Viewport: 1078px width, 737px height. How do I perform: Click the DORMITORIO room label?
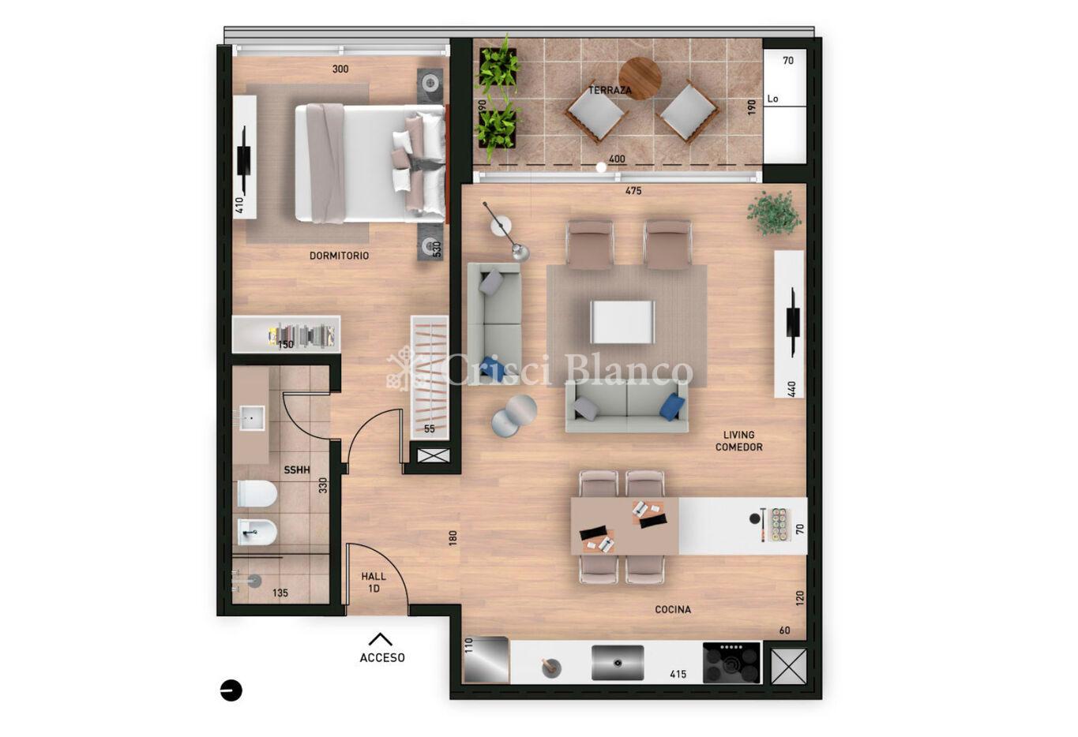pos(339,256)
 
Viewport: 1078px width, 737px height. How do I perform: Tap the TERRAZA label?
pos(610,90)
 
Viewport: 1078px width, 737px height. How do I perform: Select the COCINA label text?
pos(673,610)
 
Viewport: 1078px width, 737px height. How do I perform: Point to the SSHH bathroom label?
pos(297,470)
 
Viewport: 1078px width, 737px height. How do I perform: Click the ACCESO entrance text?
pos(382,657)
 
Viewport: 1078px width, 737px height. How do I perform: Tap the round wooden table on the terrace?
pos(640,78)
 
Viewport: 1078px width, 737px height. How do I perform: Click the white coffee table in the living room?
pos(622,322)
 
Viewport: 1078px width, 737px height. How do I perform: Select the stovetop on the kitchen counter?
pos(731,663)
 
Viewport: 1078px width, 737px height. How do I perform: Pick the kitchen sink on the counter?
pos(618,663)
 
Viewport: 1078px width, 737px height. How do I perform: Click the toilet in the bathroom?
pos(257,493)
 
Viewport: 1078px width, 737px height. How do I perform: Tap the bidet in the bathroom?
pos(257,532)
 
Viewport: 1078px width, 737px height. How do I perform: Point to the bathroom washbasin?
pos(252,417)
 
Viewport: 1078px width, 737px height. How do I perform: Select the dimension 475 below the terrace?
pos(633,191)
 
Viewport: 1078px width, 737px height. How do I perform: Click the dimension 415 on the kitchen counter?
pos(678,674)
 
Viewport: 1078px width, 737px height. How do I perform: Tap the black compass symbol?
pos(231,691)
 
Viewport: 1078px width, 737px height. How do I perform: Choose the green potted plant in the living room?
pos(774,213)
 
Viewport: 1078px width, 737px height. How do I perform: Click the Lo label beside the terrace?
pos(773,99)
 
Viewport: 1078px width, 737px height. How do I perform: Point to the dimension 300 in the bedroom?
pos(340,69)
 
